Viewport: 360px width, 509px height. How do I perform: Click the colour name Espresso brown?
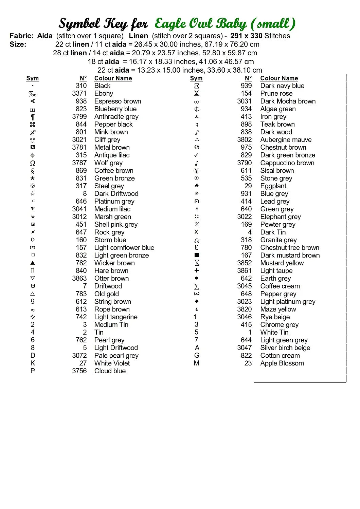tap(118, 101)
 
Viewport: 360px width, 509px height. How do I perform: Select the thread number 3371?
tap(79, 93)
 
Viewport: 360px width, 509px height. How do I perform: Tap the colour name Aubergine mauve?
tap(286, 139)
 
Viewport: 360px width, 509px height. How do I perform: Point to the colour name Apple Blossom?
tap(282, 363)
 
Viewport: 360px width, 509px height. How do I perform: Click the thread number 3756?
tap(79, 371)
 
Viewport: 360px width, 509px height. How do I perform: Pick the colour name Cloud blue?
tap(110, 371)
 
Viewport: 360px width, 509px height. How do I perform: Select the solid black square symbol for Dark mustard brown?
tap(197, 255)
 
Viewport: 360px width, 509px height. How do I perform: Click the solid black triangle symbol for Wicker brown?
tap(33, 263)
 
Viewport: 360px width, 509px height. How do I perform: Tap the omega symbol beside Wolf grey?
tap(33, 163)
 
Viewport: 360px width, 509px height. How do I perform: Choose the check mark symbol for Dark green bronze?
tap(197, 155)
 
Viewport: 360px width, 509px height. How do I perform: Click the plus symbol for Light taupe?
tap(197, 270)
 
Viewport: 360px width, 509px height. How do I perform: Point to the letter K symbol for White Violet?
tap(33, 363)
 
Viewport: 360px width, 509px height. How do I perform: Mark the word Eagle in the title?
tap(170, 24)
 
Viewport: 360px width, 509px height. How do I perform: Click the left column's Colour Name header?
tap(113, 78)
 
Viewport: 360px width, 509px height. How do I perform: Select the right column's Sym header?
tap(196, 78)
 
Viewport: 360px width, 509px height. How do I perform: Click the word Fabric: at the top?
tap(21, 36)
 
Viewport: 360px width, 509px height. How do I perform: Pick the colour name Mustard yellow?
tap(282, 263)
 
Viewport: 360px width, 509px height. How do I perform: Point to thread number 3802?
tap(244, 139)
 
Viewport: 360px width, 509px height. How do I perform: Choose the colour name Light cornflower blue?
tap(124, 248)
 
